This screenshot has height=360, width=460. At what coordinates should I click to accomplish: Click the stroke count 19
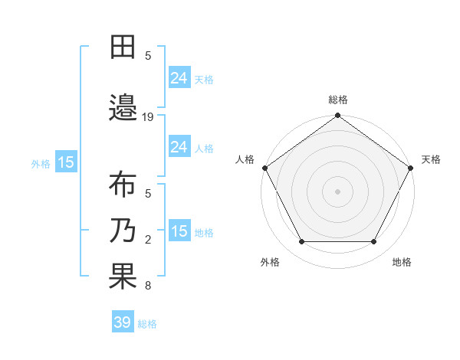click(x=149, y=116)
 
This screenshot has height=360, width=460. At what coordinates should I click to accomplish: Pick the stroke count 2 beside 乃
click(x=148, y=239)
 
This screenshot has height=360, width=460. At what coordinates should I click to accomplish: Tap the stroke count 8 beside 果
click(x=148, y=286)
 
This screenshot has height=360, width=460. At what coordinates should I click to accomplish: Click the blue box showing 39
click(x=123, y=322)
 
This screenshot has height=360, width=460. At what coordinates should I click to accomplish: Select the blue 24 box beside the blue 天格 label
click(x=179, y=77)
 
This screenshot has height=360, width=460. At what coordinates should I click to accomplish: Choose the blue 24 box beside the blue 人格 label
click(x=179, y=146)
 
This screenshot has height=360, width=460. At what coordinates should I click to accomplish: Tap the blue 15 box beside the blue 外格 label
click(x=66, y=162)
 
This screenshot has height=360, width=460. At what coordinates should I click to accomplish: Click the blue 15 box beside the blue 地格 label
click(x=179, y=231)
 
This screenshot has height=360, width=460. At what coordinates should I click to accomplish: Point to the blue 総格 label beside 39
click(x=148, y=324)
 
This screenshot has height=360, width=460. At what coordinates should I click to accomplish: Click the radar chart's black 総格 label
click(x=338, y=100)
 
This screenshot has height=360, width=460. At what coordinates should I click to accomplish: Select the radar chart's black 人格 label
click(x=245, y=159)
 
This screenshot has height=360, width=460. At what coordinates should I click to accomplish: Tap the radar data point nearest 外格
click(x=301, y=242)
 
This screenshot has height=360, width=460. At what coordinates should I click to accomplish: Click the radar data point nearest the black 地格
click(x=374, y=242)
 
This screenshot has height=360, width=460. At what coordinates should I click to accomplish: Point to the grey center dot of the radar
click(x=338, y=191)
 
